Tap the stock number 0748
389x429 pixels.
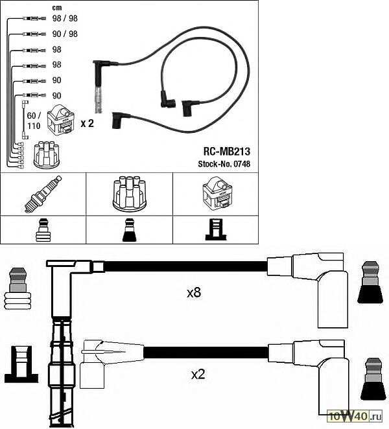(224, 164)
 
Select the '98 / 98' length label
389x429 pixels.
(65, 19)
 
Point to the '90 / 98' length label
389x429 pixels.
(65, 34)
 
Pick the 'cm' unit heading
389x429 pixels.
(57, 7)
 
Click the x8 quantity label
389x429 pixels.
(193, 293)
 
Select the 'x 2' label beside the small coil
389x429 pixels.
(86, 122)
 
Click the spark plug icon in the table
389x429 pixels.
(43, 194)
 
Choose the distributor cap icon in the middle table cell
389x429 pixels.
(129, 193)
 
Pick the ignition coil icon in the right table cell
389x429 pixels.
(215, 194)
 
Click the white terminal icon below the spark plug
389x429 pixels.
(43, 229)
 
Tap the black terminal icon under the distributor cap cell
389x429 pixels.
(129, 229)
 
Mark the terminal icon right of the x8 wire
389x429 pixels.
(370, 283)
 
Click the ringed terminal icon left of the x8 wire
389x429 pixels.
(18, 290)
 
